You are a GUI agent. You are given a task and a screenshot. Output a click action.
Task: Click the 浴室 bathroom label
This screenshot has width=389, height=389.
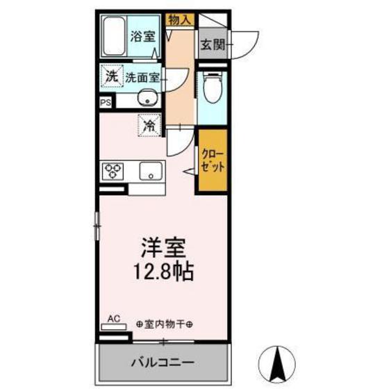tap(143, 37)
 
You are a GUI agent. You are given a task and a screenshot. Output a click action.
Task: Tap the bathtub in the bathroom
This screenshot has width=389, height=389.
tap(114, 38)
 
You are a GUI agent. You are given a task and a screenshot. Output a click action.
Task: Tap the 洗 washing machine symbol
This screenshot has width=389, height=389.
tap(111, 76)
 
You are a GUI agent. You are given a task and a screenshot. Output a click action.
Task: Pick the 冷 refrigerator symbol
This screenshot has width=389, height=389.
tap(149, 126)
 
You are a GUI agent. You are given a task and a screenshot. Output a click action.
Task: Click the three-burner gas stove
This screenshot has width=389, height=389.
tap(113, 171)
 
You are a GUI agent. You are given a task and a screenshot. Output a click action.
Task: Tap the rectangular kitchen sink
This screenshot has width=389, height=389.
tap(150, 171)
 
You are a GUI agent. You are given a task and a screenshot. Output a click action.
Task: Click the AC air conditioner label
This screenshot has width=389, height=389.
tap(114, 319)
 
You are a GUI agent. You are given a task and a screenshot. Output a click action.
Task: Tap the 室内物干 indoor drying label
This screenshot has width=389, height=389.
tap(165, 324)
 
